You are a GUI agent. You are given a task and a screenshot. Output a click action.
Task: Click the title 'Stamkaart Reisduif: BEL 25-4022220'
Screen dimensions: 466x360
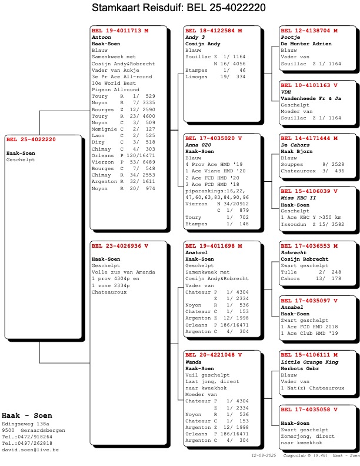pos(179,8)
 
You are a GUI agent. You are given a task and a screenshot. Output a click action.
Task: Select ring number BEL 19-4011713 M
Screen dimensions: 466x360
pos(120,30)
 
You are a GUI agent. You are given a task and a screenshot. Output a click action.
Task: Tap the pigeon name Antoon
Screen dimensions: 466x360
pos(101,37)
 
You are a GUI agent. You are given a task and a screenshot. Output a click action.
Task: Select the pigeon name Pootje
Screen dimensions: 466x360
pos(290,37)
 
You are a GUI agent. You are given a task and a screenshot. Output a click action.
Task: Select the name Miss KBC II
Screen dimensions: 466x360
pos(298,198)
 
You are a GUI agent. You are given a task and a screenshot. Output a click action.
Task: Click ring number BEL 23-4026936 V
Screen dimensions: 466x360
pos(120,245)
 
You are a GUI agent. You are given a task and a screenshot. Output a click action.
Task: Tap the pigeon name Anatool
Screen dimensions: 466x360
pos(197,252)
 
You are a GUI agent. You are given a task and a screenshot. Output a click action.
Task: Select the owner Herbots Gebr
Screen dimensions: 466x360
pos(299,368)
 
